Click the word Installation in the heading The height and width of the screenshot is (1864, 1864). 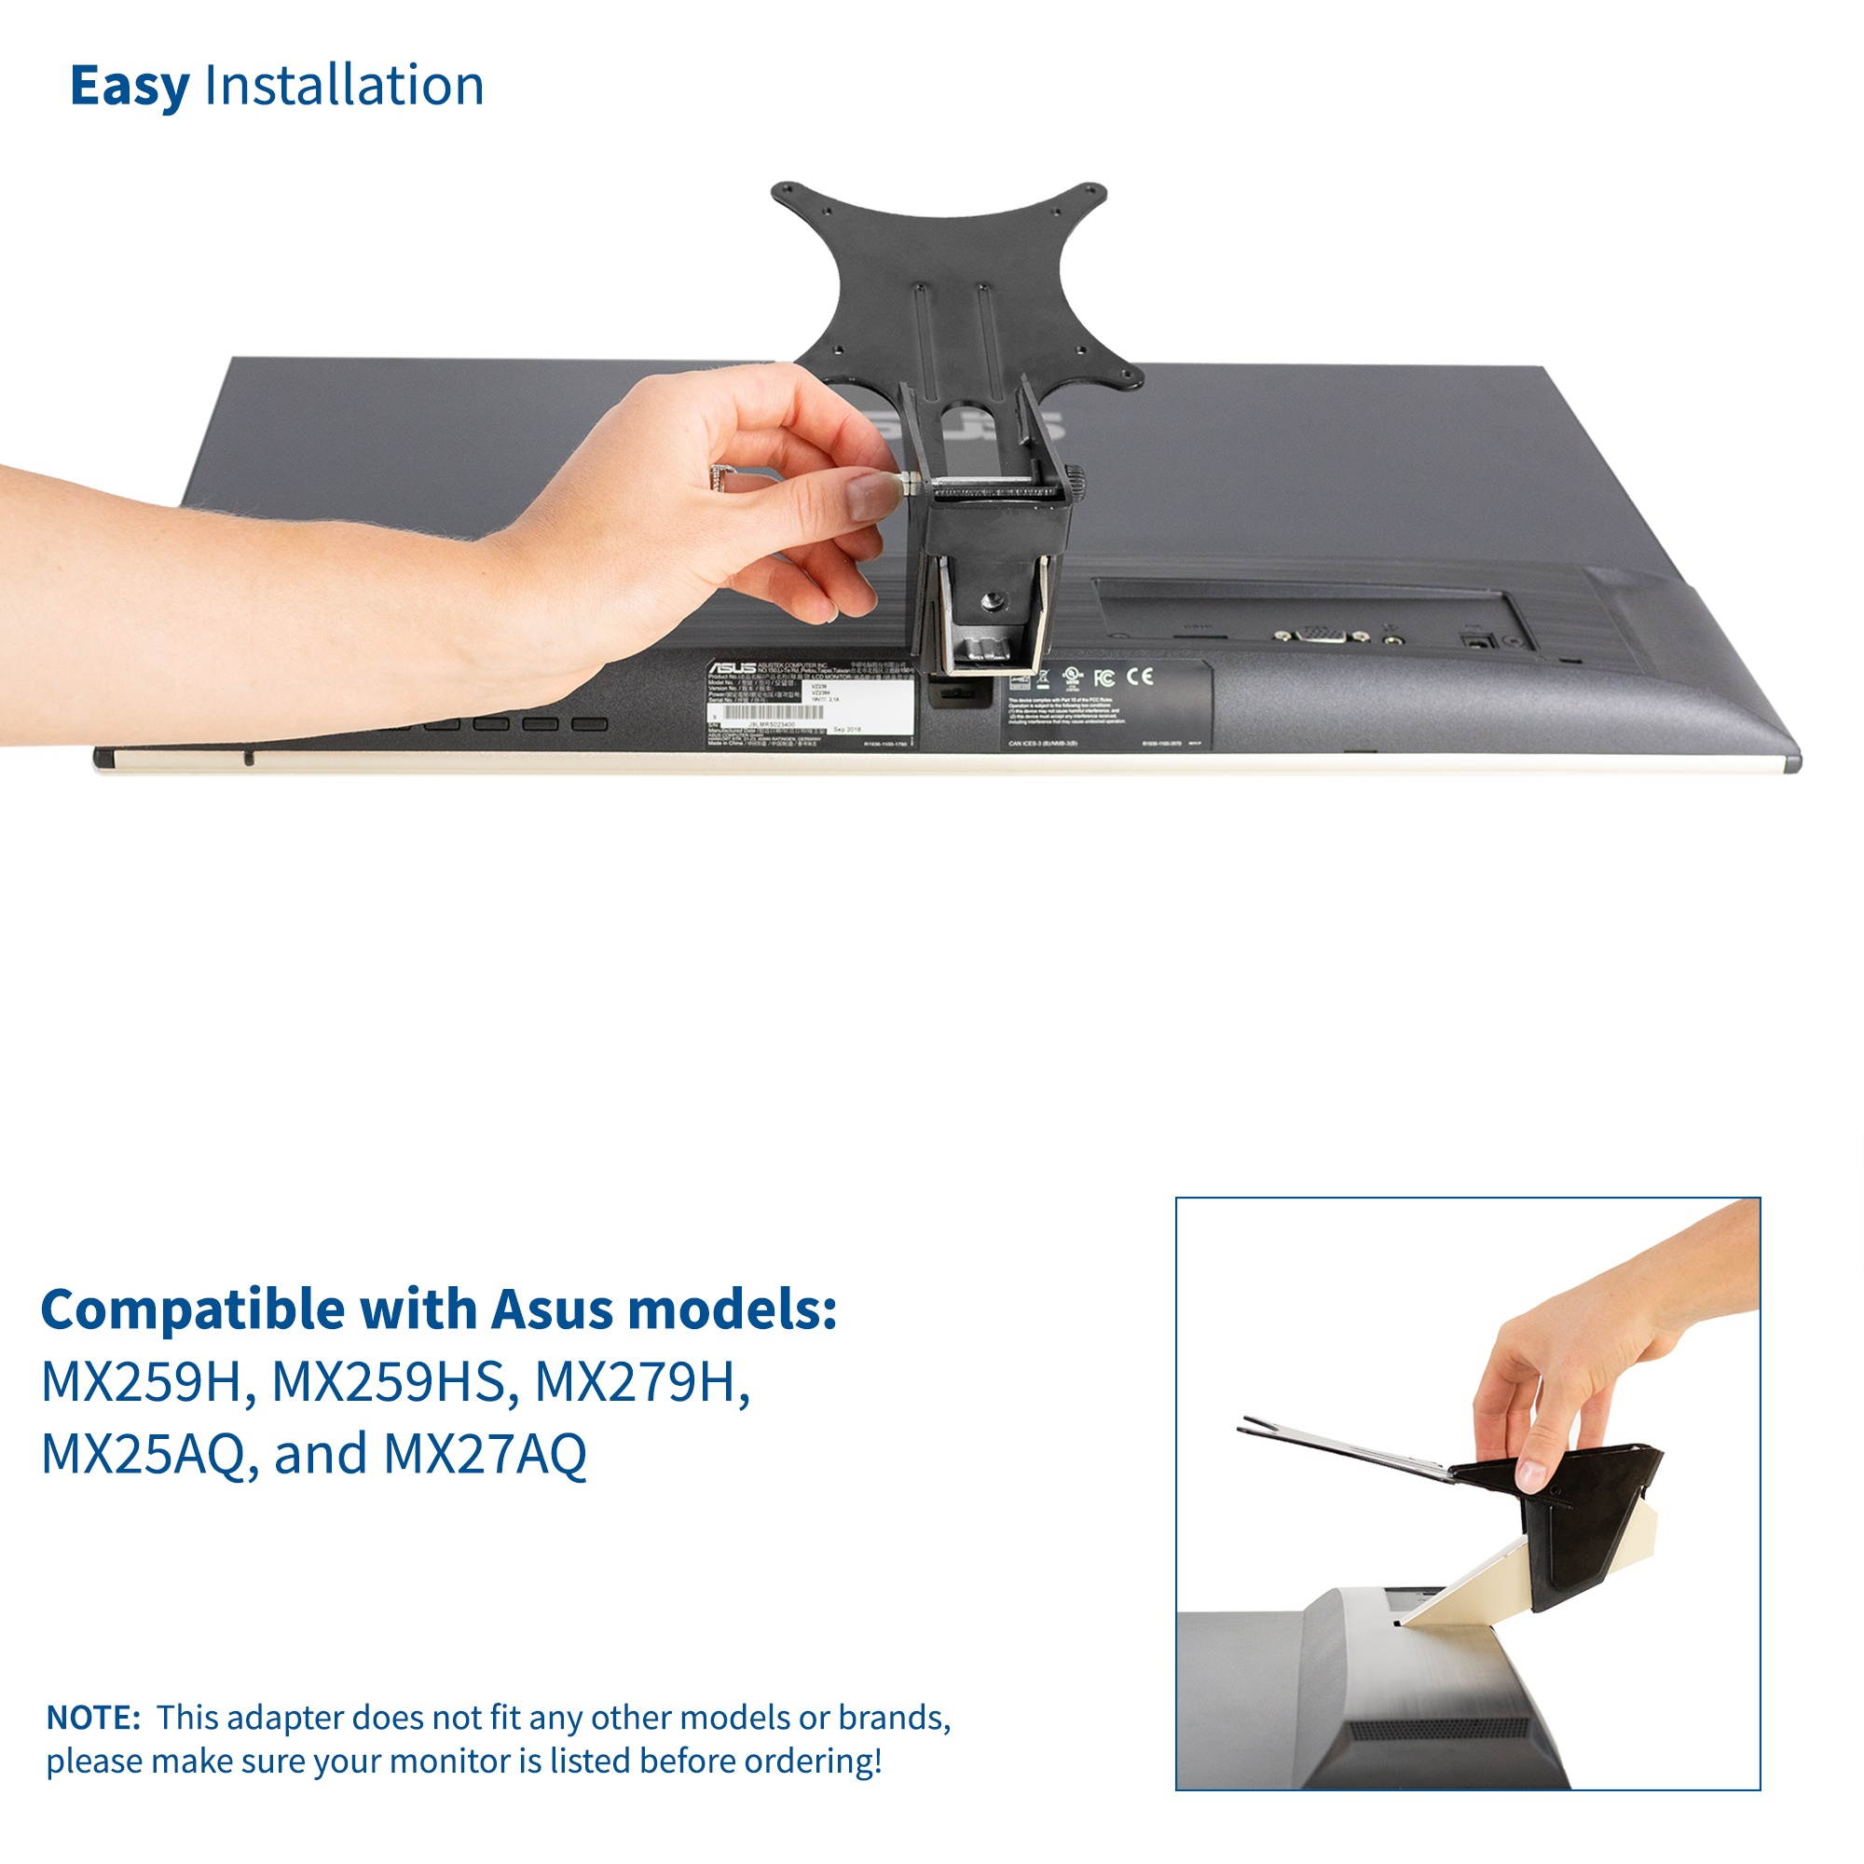pyautogui.click(x=344, y=86)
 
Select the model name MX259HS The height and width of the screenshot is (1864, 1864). pyautogui.click(x=389, y=1382)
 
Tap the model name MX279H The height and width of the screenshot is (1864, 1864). pyautogui.click(x=642, y=1382)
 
